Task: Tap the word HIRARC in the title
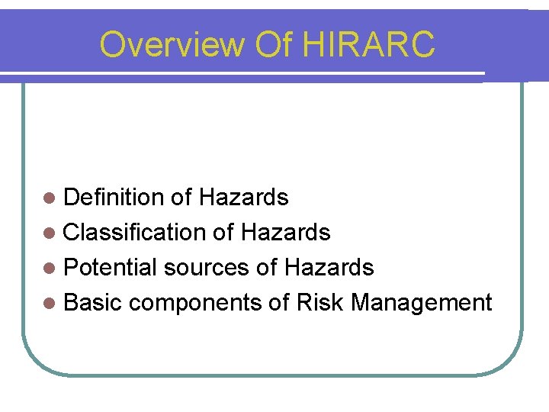pyautogui.click(x=369, y=44)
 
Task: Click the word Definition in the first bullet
pyautogui.click(x=114, y=198)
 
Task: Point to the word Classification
pyautogui.click(x=135, y=233)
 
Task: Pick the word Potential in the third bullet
pyautogui.click(x=110, y=268)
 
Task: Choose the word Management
pyautogui.click(x=422, y=303)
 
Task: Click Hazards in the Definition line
pyautogui.click(x=243, y=198)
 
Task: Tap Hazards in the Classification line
pyautogui.click(x=285, y=233)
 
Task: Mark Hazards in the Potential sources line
pyautogui.click(x=329, y=268)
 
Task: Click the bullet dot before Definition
pyautogui.click(x=50, y=198)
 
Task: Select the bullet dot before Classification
pyautogui.click(x=50, y=233)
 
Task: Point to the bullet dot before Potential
pyautogui.click(x=50, y=269)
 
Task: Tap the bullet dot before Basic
pyautogui.click(x=50, y=304)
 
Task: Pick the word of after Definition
pyautogui.click(x=181, y=198)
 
